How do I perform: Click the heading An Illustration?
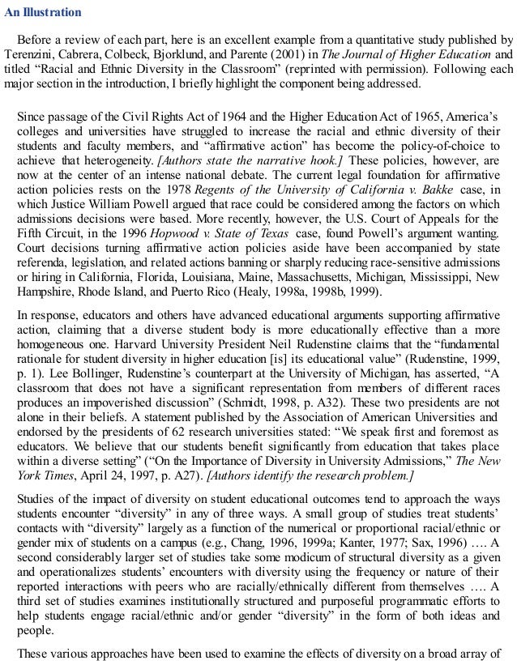42,12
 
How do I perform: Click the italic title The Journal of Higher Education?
384,53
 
